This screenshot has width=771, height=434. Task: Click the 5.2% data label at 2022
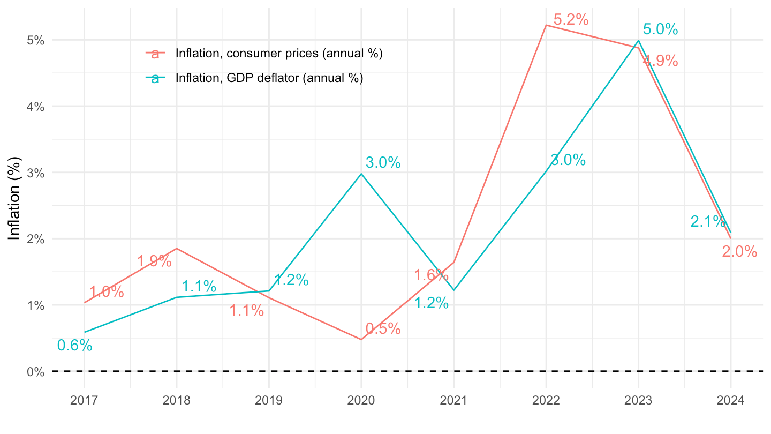click(571, 20)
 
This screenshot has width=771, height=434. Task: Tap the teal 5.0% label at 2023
click(660, 29)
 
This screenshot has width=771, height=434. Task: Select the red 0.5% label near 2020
click(383, 329)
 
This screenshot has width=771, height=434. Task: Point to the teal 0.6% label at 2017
click(74, 346)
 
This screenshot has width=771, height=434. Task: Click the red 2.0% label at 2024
click(739, 251)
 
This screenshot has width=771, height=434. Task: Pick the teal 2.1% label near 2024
click(707, 221)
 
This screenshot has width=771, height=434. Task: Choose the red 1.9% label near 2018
click(154, 261)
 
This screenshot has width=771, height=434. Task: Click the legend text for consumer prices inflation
click(279, 54)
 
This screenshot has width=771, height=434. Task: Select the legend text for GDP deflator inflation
click(269, 78)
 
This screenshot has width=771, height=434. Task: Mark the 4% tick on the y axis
click(36, 106)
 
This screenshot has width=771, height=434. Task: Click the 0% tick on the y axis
click(36, 371)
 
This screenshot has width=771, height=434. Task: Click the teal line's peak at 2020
click(361, 174)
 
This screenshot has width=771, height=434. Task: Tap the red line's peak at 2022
click(546, 25)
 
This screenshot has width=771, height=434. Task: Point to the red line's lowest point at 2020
click(361, 339)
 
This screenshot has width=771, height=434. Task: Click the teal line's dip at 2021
click(454, 290)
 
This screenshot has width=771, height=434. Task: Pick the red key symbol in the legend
click(156, 54)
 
